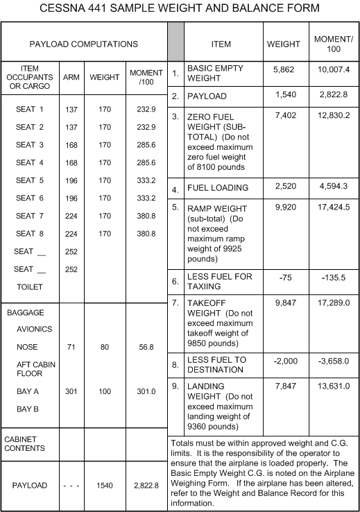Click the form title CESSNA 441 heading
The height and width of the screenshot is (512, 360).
180,9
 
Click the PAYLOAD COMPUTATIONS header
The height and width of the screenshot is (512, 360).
84,44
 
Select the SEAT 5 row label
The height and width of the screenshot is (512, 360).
30,180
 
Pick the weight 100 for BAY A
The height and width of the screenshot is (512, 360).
105,392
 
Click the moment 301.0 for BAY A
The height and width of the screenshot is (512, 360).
142,392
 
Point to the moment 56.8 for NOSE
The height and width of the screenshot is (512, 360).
142,347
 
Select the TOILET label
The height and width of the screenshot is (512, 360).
30,286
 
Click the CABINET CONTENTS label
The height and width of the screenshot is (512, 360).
25,443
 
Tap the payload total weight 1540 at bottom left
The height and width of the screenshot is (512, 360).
105,486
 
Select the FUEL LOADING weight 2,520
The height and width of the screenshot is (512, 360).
284,187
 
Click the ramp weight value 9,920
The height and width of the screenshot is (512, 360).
284,207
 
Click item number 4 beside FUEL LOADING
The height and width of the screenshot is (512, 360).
175,189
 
